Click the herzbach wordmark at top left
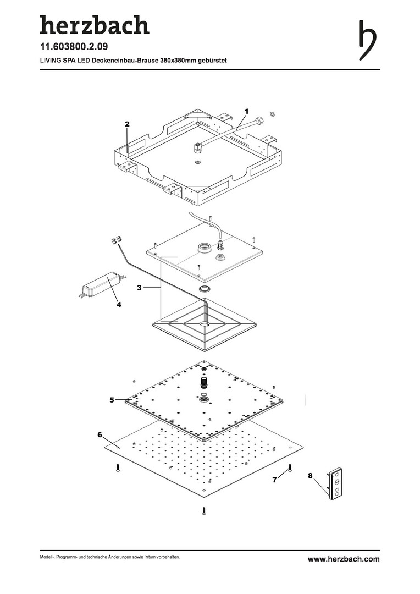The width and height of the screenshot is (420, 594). [x=94, y=25]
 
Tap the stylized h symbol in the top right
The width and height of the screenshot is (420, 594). [x=368, y=40]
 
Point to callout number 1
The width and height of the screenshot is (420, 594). [x=247, y=110]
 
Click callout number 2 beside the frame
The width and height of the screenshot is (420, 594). [x=127, y=124]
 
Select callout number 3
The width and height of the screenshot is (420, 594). [x=140, y=287]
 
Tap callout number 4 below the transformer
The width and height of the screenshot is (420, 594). [x=118, y=304]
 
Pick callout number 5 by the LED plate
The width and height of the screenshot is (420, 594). [x=112, y=400]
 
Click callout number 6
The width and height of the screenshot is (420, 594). [x=100, y=435]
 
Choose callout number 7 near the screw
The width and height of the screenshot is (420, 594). [x=274, y=480]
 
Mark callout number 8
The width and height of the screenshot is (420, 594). [x=311, y=475]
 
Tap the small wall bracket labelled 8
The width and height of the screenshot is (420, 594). [x=336, y=485]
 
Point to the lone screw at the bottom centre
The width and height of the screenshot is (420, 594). [x=205, y=510]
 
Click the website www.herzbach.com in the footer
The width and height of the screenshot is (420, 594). [x=343, y=559]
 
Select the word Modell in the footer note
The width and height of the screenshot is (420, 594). [x=46, y=558]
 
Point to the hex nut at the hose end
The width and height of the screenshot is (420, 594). [x=270, y=117]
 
